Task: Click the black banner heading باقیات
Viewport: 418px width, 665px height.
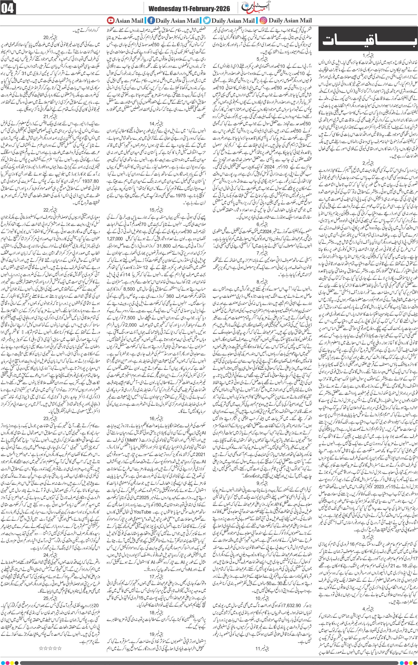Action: click(366, 40)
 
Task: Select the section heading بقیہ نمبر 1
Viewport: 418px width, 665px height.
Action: click(368, 55)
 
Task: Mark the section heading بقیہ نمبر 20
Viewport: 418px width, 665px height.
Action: click(52, 36)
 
